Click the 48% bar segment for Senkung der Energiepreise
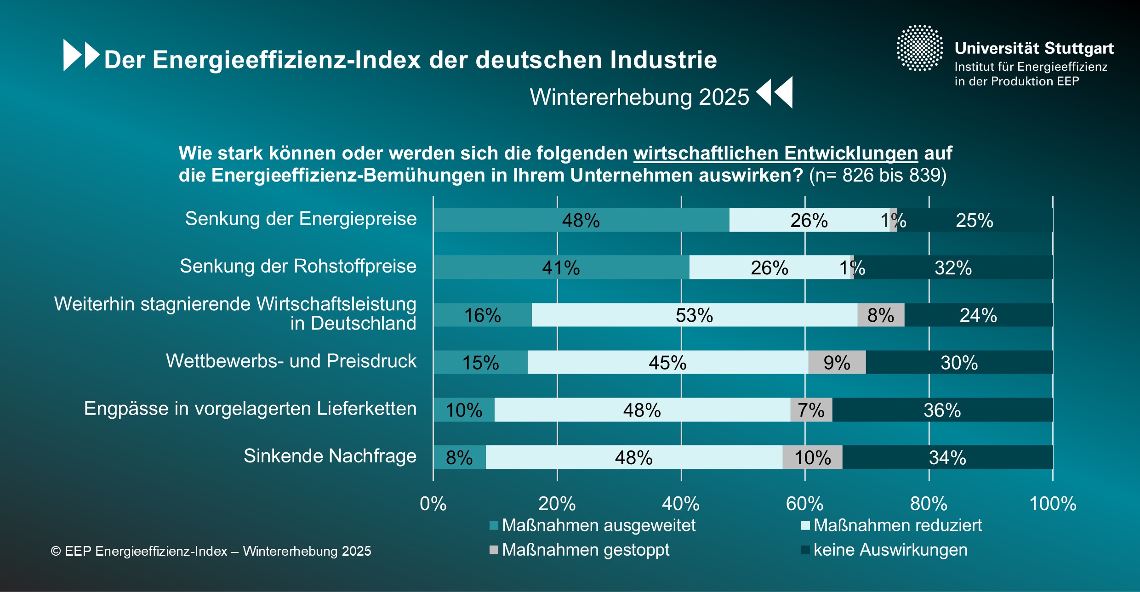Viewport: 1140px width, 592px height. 581,220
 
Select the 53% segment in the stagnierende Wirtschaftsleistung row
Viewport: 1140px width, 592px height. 694,315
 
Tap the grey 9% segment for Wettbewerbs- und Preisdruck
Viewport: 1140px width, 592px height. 837,363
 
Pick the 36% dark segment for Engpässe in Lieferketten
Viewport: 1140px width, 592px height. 942,410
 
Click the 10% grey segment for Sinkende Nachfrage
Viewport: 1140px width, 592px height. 812,457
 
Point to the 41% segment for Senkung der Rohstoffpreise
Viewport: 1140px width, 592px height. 561,268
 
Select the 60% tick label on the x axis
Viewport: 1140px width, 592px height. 804,504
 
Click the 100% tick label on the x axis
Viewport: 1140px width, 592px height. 1053,504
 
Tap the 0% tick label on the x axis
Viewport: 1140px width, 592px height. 433,504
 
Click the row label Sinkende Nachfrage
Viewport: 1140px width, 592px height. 330,456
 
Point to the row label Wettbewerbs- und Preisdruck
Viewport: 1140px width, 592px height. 291,361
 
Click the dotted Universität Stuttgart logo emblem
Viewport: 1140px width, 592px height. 919,48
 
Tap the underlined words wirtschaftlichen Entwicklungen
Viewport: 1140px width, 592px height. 775,153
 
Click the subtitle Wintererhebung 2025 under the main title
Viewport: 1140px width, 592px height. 639,97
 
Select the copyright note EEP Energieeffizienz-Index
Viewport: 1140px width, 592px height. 211,551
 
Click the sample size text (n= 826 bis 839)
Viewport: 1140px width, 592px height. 878,176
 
